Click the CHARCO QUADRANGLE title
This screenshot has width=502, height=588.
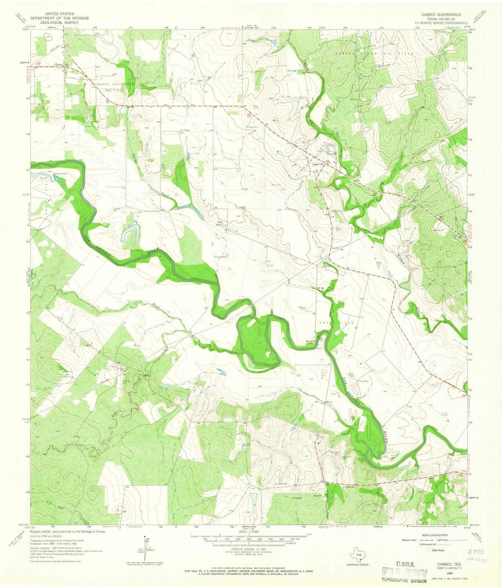point(436,14)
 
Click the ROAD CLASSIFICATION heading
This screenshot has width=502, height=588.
point(435,535)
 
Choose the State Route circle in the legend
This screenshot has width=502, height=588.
point(428,550)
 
